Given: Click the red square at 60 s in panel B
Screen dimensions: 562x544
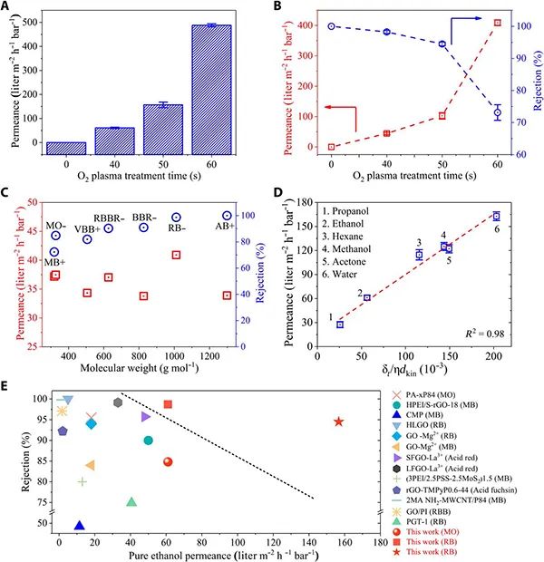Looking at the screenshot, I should coord(497,23).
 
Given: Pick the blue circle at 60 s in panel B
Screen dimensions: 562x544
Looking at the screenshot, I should coord(497,113).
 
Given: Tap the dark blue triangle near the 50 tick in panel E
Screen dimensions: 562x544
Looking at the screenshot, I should coord(79,525).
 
